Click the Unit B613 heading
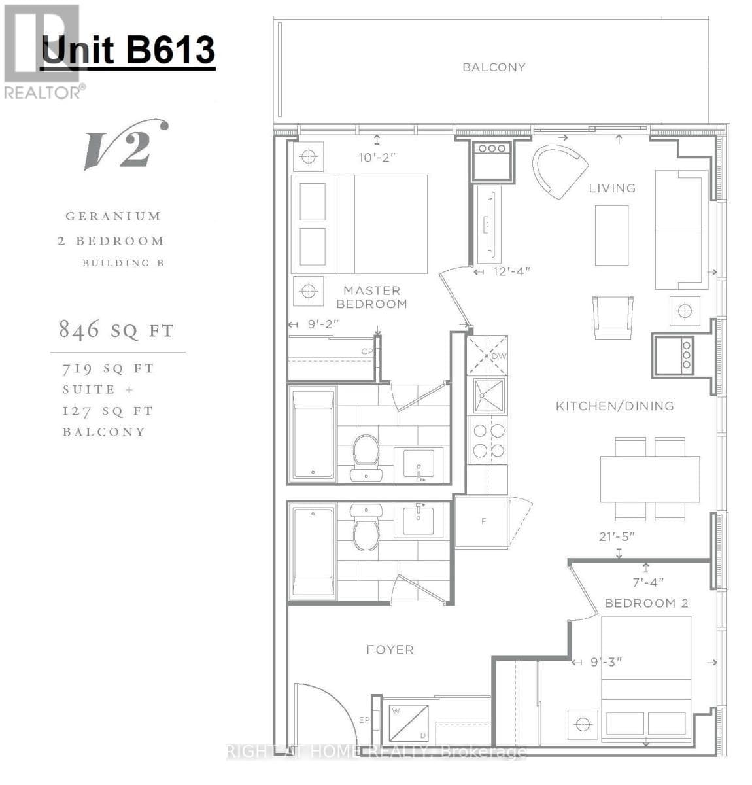click(x=128, y=50)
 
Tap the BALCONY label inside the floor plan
click(x=494, y=67)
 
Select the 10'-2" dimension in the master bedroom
click(x=377, y=157)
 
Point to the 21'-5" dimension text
click(x=617, y=536)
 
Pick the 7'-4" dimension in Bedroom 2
click(x=648, y=582)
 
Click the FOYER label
click(x=390, y=650)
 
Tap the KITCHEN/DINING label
click(x=615, y=406)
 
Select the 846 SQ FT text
click(x=116, y=330)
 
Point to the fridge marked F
click(x=483, y=521)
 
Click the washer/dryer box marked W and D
click(x=408, y=722)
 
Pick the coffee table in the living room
click(x=611, y=235)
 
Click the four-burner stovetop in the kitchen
click(x=488, y=440)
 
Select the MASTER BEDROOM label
click(x=371, y=297)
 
